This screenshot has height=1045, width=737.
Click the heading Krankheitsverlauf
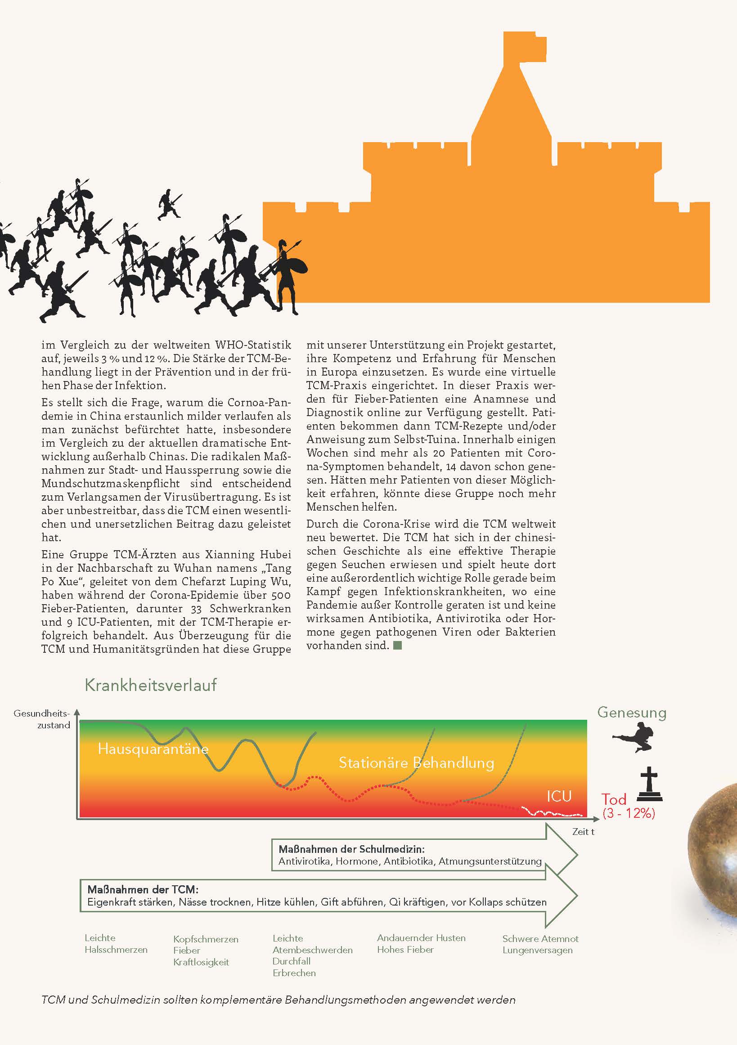coord(151,685)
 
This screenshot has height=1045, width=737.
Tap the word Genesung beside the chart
coord(631,712)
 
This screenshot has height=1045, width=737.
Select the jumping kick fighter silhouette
coord(634,738)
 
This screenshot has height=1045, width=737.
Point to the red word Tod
coord(614,799)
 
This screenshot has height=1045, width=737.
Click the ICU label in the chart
coord(559,796)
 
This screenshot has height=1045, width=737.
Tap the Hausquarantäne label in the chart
coord(153,749)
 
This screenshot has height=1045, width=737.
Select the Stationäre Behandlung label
coord(416,763)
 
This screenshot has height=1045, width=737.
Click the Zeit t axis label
coord(583,831)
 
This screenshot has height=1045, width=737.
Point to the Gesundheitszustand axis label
coord(42,719)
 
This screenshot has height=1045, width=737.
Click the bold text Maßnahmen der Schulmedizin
coord(351,849)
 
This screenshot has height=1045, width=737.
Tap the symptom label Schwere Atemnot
coord(540,938)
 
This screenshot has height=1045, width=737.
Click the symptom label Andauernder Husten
coord(421,937)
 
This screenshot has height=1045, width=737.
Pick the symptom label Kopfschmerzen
coord(206,939)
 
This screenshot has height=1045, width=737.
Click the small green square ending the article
coord(397,645)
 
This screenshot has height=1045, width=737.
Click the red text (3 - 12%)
coord(629,813)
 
